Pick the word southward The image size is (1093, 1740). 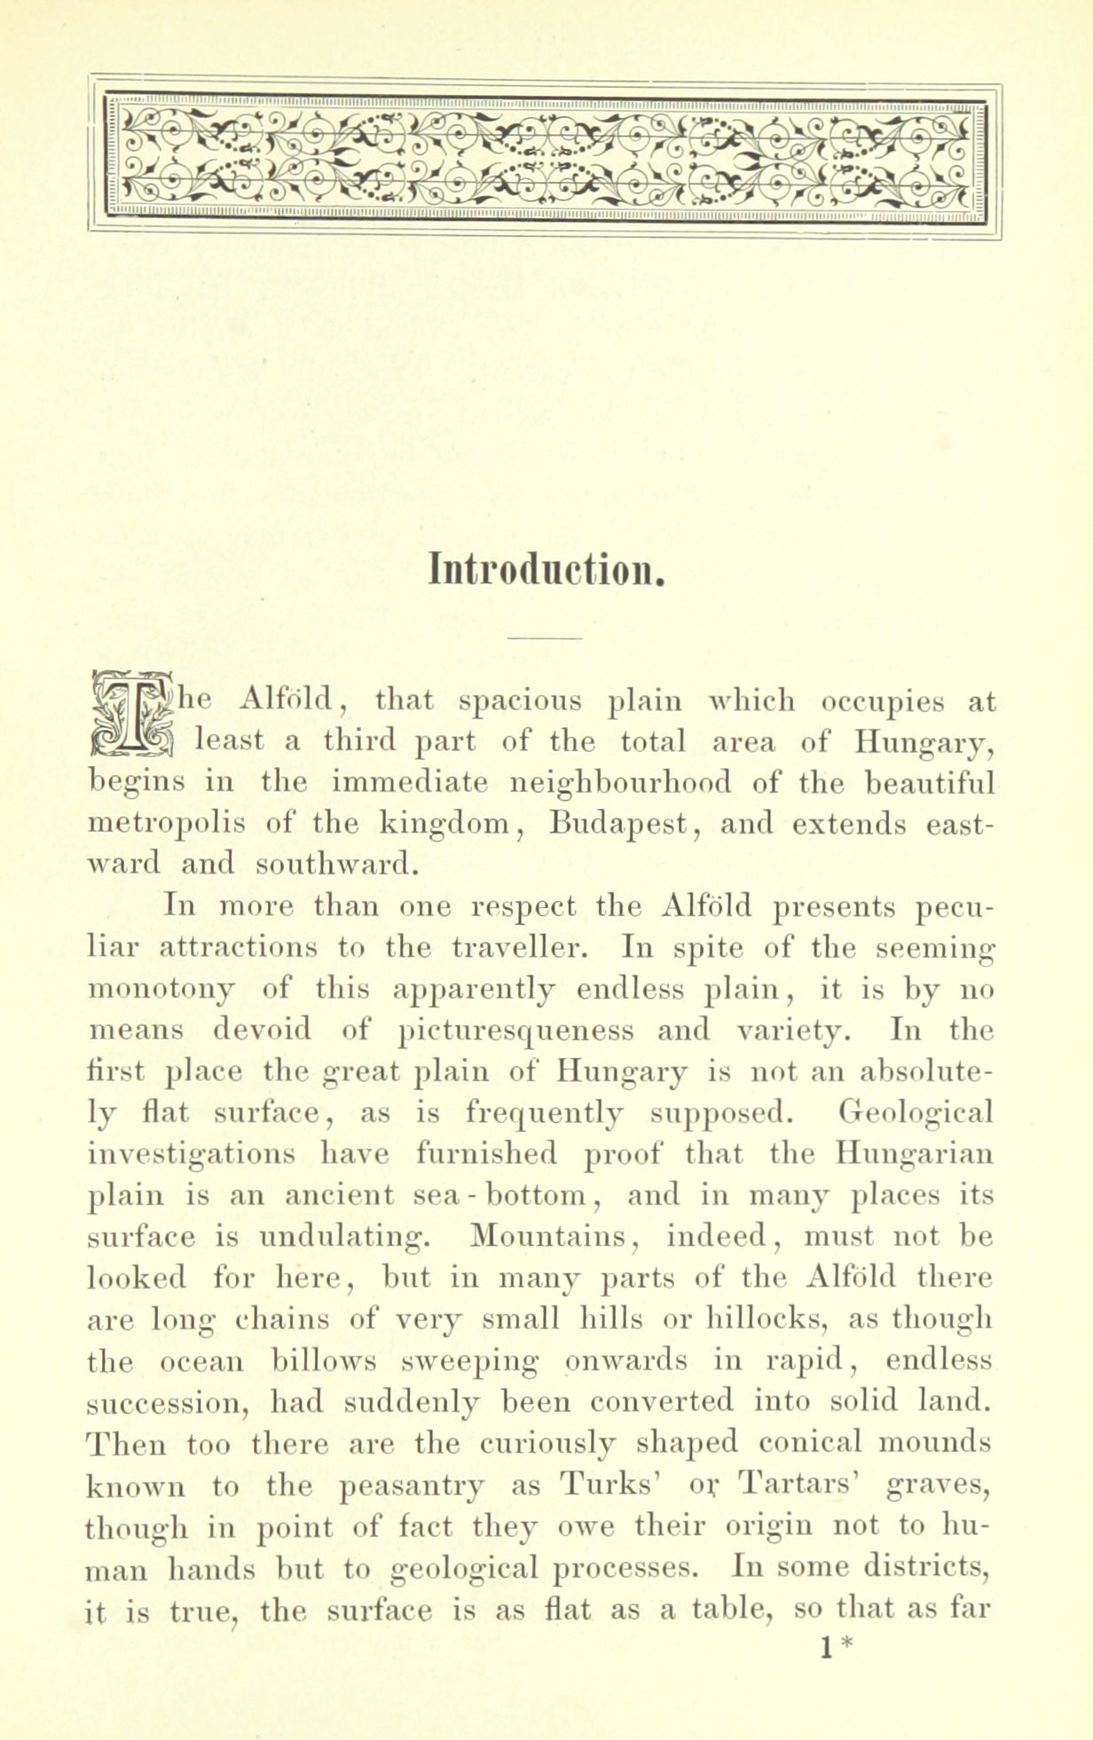point(336,863)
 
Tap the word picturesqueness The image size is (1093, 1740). point(517,1030)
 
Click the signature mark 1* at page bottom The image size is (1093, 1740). point(834,1647)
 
